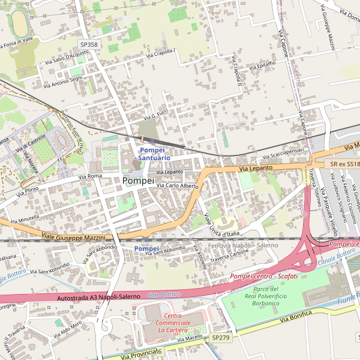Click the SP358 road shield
(89, 44)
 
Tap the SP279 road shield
(221, 338)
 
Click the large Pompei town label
(137, 180)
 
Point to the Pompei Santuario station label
(154, 154)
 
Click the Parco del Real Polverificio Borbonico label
(266, 296)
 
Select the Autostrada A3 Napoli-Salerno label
(98, 297)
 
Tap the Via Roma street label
(90, 176)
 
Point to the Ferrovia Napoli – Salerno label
(243, 246)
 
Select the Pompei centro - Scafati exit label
(263, 276)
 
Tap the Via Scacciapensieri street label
(280, 153)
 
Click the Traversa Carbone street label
(230, 256)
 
